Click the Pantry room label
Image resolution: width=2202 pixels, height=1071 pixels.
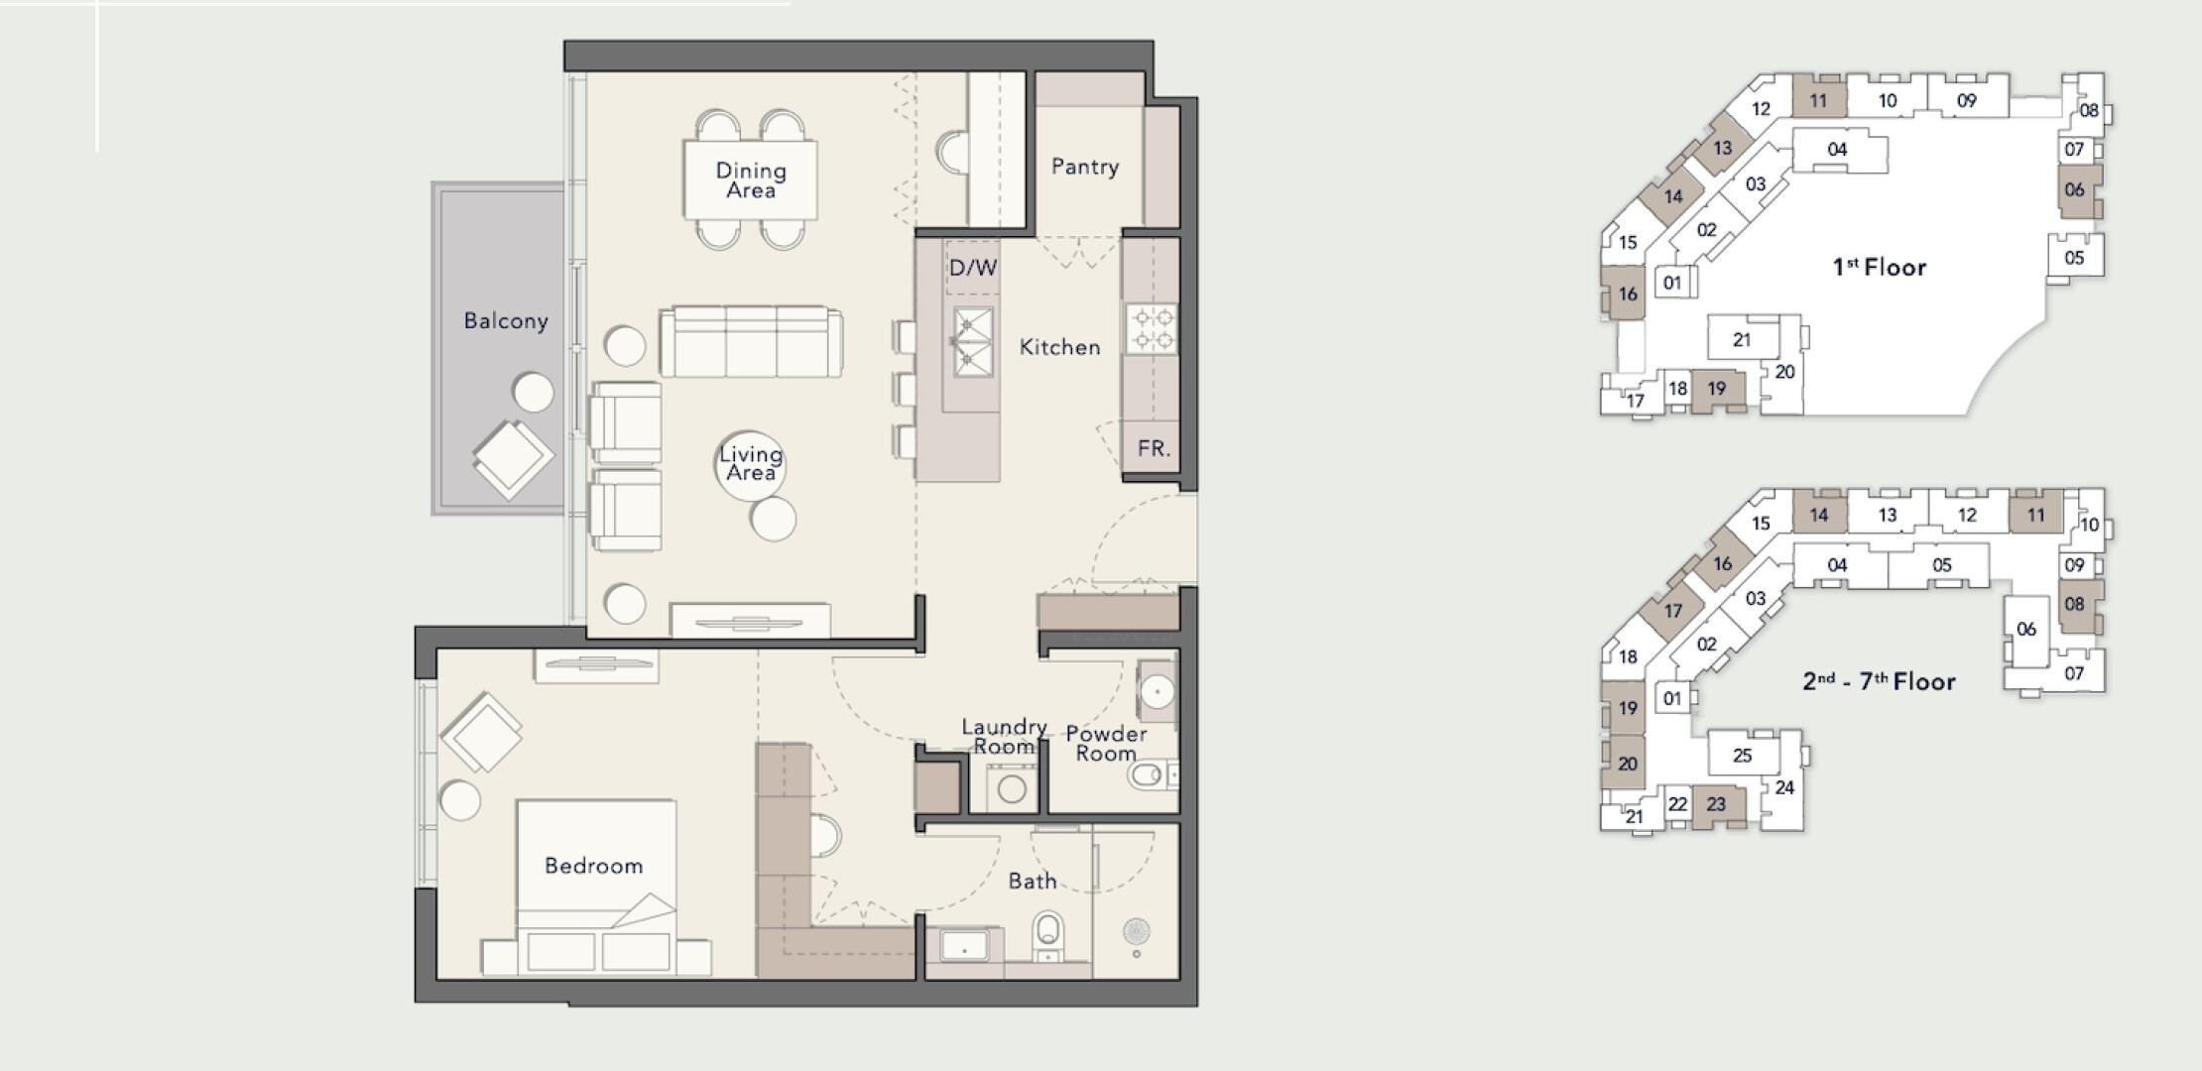pos(1085,167)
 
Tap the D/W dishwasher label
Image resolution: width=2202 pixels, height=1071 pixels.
pos(973,268)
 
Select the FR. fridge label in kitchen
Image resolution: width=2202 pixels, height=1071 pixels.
pos(1154,448)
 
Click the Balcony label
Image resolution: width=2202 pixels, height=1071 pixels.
pos(506,320)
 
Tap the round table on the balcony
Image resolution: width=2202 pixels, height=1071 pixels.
pos(534,393)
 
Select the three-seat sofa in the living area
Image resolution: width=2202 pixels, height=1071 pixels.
pos(751,341)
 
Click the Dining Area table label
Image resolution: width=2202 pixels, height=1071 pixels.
pos(751,180)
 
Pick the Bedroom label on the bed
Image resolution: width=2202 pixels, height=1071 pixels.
pos(594,866)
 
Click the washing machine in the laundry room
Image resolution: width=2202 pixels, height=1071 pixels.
pos(1012,789)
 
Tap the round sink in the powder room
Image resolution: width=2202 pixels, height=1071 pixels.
pos(1157,690)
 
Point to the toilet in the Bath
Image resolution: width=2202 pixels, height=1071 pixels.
pos(1047,937)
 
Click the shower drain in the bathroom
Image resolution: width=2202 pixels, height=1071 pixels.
pos(1137,931)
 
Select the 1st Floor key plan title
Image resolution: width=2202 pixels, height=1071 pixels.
pos(1880,267)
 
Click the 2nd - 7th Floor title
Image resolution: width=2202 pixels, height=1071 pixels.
pos(1880,681)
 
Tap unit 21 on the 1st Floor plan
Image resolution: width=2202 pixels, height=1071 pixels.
pos(1742,339)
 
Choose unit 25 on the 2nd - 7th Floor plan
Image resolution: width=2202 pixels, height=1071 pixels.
pos(1743,755)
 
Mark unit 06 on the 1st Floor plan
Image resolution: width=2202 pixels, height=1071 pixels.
pos(2074,189)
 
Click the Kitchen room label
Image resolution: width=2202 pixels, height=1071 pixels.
pos(1060,347)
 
